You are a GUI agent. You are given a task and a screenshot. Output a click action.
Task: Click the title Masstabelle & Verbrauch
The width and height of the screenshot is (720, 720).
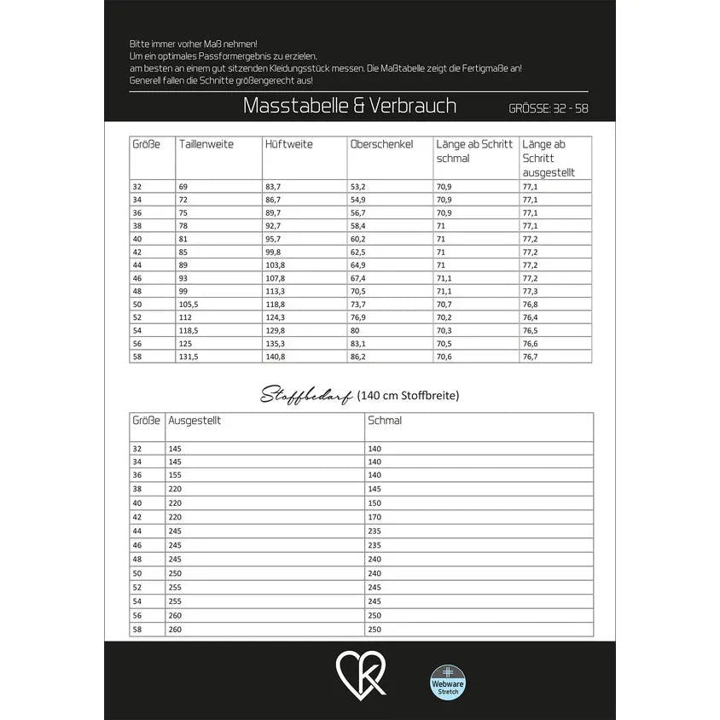tap(349, 106)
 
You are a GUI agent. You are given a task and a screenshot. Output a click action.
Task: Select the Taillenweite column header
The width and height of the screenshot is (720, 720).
tap(206, 144)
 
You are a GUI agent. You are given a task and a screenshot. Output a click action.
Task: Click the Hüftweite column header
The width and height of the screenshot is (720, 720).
tap(288, 144)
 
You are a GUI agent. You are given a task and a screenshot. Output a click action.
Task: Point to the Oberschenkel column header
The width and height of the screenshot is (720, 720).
tap(381, 144)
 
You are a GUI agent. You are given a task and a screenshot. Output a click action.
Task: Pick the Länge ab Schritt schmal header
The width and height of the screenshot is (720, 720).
tap(473, 151)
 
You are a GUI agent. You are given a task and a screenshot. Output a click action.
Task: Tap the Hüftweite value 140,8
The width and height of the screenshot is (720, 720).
tap(274, 357)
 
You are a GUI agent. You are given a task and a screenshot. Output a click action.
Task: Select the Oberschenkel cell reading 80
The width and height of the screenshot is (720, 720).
tap(356, 330)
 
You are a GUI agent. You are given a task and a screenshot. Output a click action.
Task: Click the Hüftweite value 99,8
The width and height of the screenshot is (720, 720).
tap(272, 252)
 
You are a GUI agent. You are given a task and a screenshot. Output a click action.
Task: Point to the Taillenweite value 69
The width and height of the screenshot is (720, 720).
tap(183, 186)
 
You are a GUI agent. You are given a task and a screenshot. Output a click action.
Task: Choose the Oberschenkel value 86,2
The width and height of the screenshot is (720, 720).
tap(357, 357)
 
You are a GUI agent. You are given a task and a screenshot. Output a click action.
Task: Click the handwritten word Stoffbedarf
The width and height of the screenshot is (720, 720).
tap(307, 395)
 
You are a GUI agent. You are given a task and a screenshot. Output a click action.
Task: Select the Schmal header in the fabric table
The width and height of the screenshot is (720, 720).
tap(384, 421)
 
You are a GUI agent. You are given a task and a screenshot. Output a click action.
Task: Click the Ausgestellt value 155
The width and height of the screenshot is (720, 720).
tap(176, 475)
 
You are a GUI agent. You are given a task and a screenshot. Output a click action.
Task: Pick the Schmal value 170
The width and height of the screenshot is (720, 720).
tap(375, 516)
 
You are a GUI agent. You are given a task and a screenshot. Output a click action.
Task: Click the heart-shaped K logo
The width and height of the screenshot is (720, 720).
tap(361, 674)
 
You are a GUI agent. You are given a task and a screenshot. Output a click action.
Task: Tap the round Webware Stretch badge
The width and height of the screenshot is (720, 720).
tap(449, 681)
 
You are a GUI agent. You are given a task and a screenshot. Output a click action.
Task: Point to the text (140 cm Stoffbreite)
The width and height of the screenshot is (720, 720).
tap(409, 395)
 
